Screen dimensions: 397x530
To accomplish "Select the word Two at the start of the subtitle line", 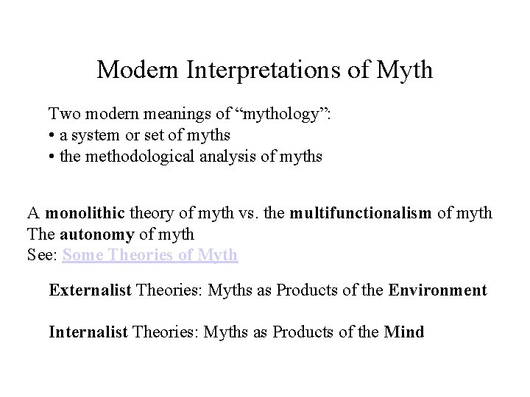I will [x=63, y=114].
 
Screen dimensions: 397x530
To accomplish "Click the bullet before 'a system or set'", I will [x=52, y=135].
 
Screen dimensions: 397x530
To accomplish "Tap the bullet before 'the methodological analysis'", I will [x=52, y=157].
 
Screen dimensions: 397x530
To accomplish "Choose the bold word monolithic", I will [x=85, y=213].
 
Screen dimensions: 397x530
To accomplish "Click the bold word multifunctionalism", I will [x=361, y=213].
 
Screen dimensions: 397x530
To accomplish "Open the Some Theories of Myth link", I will [x=150, y=255].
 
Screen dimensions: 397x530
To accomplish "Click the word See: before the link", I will [x=43, y=255].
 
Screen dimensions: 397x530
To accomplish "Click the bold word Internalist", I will [x=88, y=332].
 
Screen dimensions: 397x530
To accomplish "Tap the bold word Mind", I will [x=404, y=332].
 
